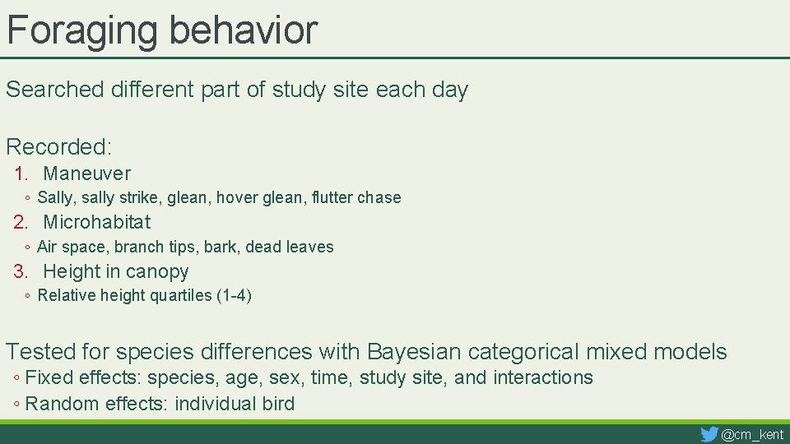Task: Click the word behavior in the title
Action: pyautogui.click(x=243, y=30)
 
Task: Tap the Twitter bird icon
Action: pyautogui.click(x=709, y=433)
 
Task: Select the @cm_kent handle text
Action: pyautogui.click(x=752, y=434)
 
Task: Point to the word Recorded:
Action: pyautogui.click(x=58, y=147)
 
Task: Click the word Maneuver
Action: pyautogui.click(x=86, y=173)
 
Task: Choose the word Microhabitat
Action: pyautogui.click(x=96, y=222)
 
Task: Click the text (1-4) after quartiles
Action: pyautogui.click(x=234, y=296)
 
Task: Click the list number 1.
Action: pyautogui.click(x=21, y=173)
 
